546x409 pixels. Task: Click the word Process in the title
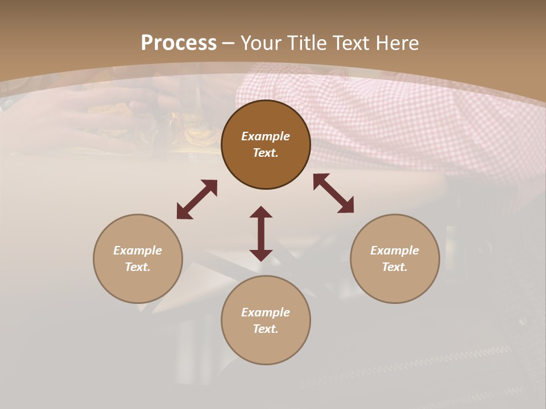tap(179, 43)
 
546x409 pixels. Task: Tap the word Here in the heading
tap(398, 43)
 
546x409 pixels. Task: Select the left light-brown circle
tap(138, 284)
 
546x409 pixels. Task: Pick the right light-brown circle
tap(395, 284)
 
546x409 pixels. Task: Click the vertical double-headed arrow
tap(261, 233)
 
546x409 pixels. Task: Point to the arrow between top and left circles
tap(197, 199)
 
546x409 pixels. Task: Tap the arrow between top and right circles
tap(333, 193)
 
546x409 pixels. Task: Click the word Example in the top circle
tap(266, 136)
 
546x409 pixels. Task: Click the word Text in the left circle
tap(138, 267)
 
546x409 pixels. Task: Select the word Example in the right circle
tap(395, 251)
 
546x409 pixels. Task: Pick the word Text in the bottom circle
tap(266, 329)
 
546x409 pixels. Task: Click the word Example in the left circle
tap(138, 251)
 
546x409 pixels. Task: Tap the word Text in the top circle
tap(266, 153)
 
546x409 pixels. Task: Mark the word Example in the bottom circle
tap(266, 312)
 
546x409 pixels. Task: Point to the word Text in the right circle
tap(395, 267)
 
